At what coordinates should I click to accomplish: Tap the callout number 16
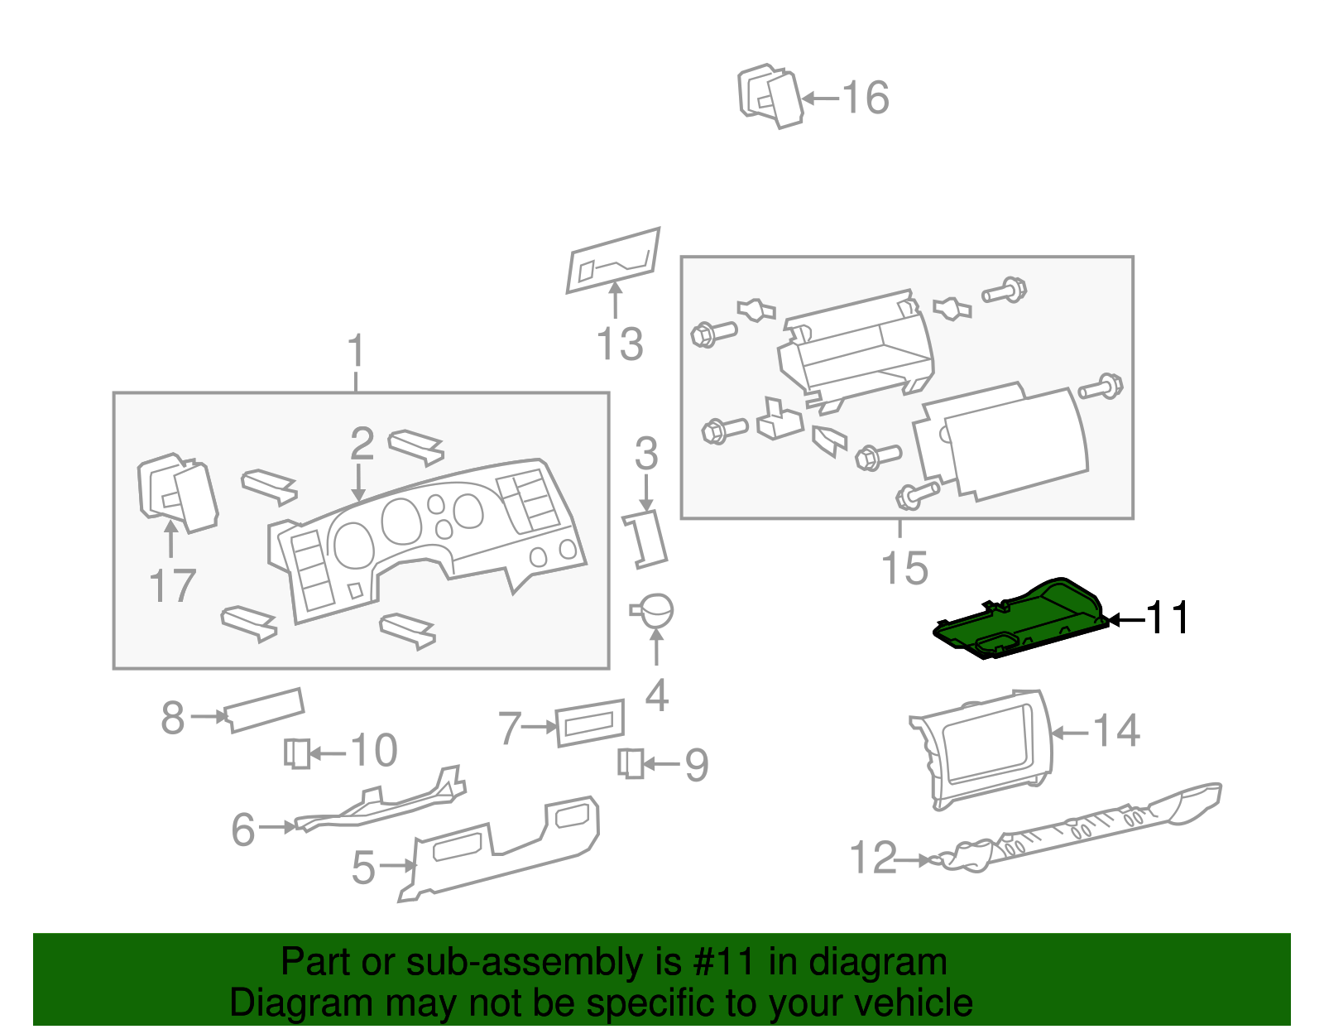(x=866, y=98)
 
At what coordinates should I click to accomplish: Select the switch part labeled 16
(x=770, y=96)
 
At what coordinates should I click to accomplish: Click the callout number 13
(x=620, y=344)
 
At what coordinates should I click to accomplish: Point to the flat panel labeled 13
(x=613, y=259)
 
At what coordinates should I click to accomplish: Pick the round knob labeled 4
(x=656, y=611)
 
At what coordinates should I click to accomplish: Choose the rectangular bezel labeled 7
(x=590, y=722)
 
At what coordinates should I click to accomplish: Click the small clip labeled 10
(x=296, y=753)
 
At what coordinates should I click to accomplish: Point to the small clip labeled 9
(x=631, y=762)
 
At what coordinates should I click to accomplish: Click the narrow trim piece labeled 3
(x=645, y=539)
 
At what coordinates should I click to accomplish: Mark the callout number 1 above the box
(x=356, y=351)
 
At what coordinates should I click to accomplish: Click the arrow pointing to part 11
(x=1125, y=619)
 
